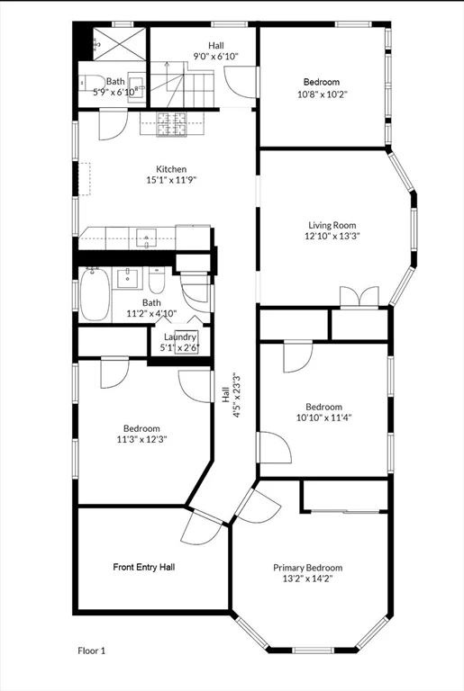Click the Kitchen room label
point(171,169)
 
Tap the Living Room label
point(332,225)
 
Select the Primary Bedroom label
point(308,568)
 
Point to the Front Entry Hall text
point(144,567)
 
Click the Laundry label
point(180,337)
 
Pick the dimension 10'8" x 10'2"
point(323,94)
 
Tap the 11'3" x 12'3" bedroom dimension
point(141,439)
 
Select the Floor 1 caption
point(92,651)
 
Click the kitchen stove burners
point(172,124)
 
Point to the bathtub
point(95,294)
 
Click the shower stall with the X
point(119,43)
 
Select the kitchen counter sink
point(146,239)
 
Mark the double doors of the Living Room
point(359,297)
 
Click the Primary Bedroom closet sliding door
point(345,511)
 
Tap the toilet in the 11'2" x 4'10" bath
point(157,280)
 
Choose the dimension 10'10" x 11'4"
point(324,417)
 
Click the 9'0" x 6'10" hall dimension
point(216,57)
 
